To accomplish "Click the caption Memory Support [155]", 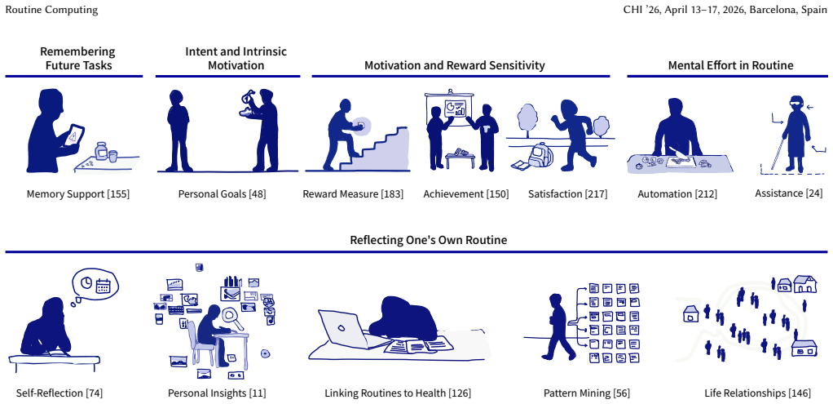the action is (78, 193).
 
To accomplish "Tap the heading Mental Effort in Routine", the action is (730, 65).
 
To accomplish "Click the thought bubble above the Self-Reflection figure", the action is (95, 284).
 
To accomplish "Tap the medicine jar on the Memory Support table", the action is (101, 151).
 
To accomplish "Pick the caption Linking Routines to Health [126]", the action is (398, 393).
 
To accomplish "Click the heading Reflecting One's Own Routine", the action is (428, 240).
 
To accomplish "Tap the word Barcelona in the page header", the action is (769, 11).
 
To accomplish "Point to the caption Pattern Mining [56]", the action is (587, 393).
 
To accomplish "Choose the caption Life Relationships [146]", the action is (757, 393).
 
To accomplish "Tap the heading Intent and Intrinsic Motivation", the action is (236, 59).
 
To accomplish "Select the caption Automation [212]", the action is (677, 193).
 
